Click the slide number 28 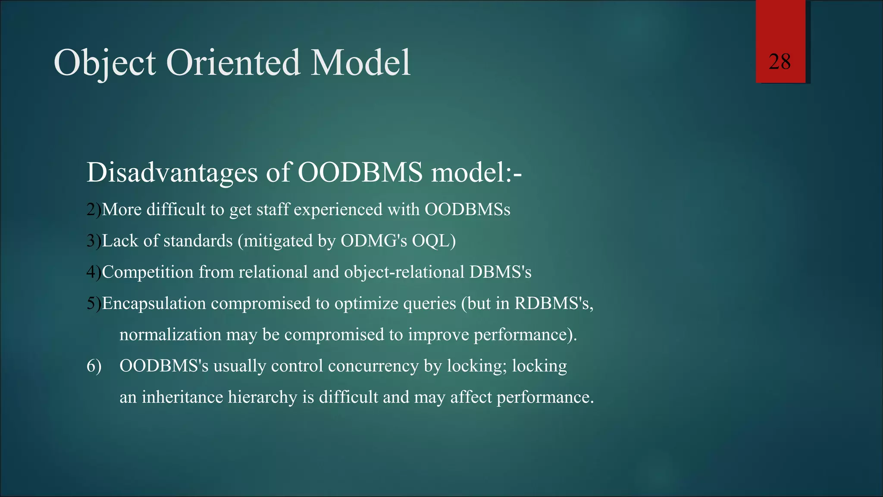pyautogui.click(x=780, y=62)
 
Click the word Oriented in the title pyautogui.click(x=232, y=63)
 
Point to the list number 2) pyautogui.click(x=94, y=210)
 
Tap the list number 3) pyautogui.click(x=94, y=241)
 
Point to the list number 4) pyautogui.click(x=94, y=272)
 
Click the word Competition pyautogui.click(x=147, y=272)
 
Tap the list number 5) pyautogui.click(x=94, y=303)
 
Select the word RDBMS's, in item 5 pyautogui.click(x=554, y=303)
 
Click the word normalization pyautogui.click(x=170, y=335)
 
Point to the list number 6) pyautogui.click(x=94, y=366)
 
